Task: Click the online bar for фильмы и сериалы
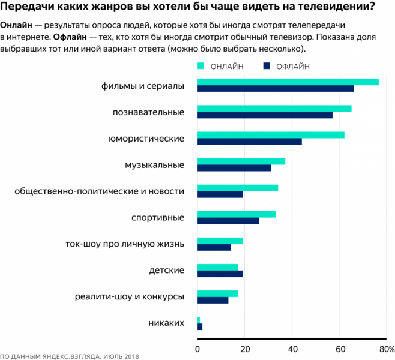coord(288,82)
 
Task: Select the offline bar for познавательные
coord(265,115)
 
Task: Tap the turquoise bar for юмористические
coord(271,135)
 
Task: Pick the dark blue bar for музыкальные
coord(234,168)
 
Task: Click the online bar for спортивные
coord(237,214)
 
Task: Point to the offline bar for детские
coord(220,274)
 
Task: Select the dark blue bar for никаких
coord(200,326)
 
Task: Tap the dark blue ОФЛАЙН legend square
coord(267,66)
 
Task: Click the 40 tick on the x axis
coord(292,349)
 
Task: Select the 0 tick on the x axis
coord(197,349)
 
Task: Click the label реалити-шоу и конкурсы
coord(129,296)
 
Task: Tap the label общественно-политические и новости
coord(99,191)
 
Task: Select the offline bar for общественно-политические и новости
coord(220,194)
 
